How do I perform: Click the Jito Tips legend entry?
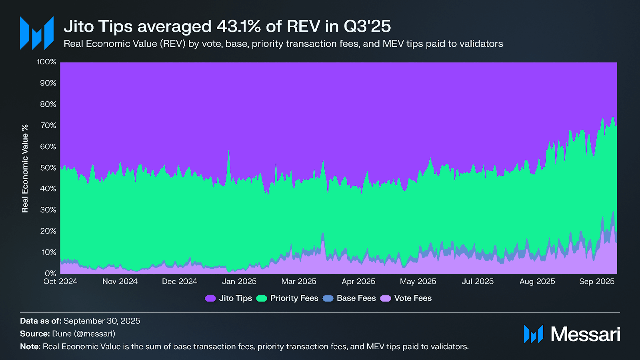tap(228, 298)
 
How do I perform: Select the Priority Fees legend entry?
tap(287, 298)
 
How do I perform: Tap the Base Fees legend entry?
tap(349, 298)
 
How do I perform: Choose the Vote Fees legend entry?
tap(406, 298)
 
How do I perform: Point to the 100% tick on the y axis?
tap(47, 62)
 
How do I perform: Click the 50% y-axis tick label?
tap(48, 168)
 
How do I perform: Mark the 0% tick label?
tap(50, 274)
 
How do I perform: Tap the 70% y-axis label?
tap(48, 126)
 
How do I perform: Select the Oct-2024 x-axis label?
tap(60, 282)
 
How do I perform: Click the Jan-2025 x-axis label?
tap(239, 282)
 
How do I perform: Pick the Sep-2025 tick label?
tap(597, 282)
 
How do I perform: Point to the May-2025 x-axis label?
tap(418, 282)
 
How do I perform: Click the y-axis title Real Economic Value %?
tap(25, 168)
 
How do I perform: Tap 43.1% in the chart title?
tap(238, 27)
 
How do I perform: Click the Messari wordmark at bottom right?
tap(585, 334)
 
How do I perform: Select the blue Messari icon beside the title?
tap(37, 33)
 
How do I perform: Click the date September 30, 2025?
tap(102, 321)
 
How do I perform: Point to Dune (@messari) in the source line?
tap(84, 334)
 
